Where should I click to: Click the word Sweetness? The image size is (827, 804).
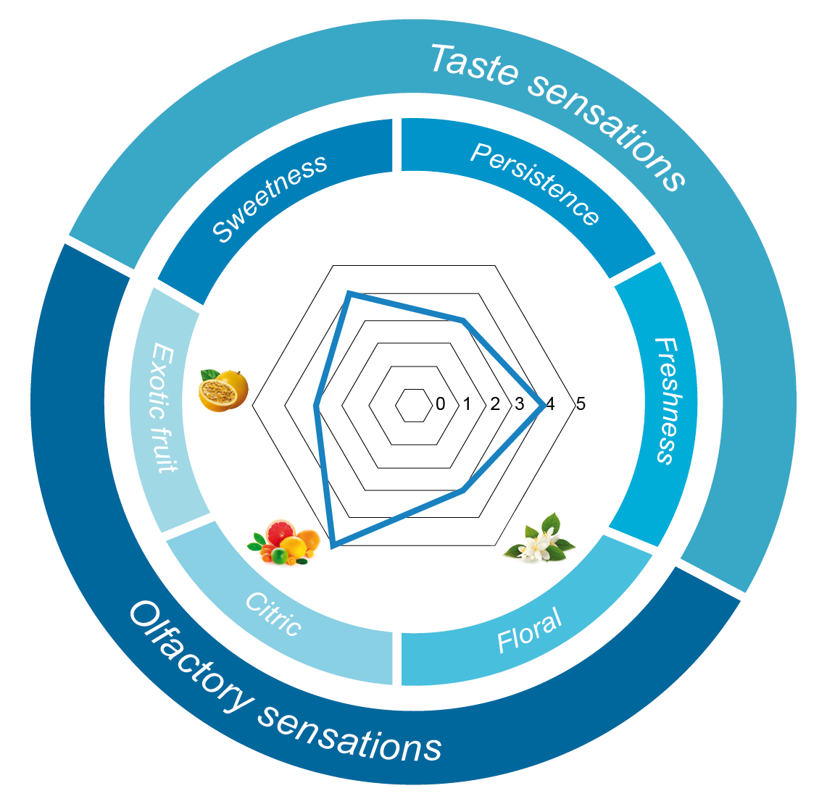point(270,198)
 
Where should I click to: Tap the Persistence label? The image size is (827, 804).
point(535,183)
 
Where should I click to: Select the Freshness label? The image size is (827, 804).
point(665,400)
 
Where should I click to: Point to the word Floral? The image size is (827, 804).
point(529,631)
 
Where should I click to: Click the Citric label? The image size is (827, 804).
point(273,614)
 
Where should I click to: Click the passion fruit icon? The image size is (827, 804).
point(223,390)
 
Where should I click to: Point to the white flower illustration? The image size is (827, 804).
point(540,537)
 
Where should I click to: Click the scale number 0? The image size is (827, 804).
point(441,404)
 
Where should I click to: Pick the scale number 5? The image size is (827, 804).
point(580,404)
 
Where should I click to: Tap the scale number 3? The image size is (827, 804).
point(520,404)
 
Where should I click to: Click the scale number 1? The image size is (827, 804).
point(467,404)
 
